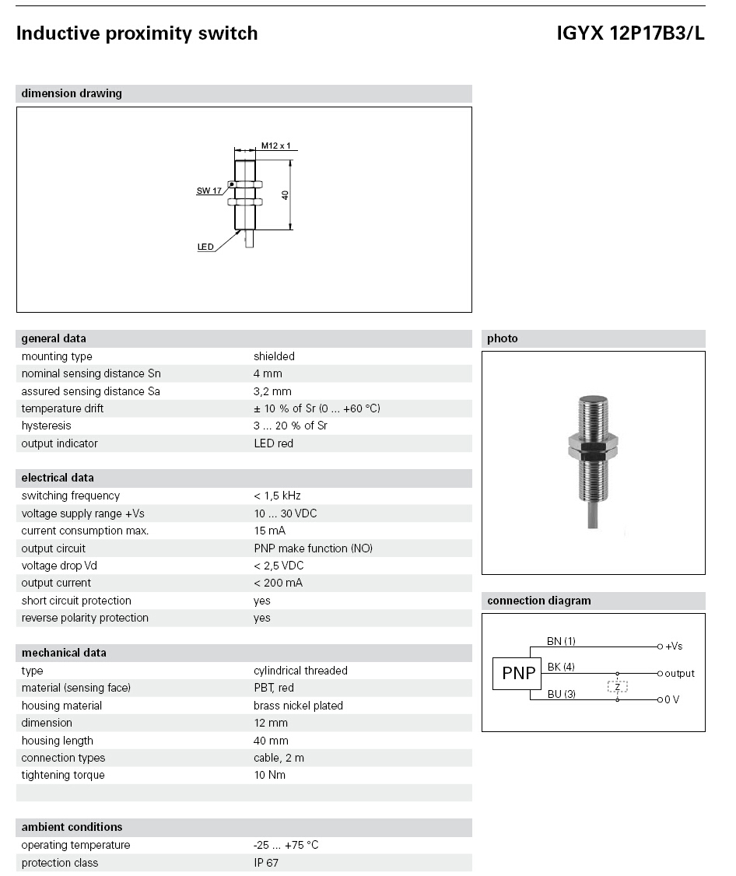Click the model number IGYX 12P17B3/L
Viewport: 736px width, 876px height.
(x=630, y=33)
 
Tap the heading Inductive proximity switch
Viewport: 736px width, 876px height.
(x=137, y=33)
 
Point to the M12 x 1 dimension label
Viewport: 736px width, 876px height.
(x=275, y=145)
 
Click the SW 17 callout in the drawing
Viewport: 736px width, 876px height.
(x=209, y=191)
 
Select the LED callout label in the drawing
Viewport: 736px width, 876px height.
(x=205, y=247)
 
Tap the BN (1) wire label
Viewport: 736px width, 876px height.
(x=561, y=642)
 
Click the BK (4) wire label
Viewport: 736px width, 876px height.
(x=561, y=667)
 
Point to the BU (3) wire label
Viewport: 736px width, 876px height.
(x=561, y=693)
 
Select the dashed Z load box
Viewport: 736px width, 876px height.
(x=618, y=686)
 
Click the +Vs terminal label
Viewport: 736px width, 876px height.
(x=673, y=646)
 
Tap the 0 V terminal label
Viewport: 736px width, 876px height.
(x=671, y=699)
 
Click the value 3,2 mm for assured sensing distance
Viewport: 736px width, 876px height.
(x=272, y=391)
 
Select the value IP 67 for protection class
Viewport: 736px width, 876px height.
(x=266, y=863)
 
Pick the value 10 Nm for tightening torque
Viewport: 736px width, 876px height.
(x=269, y=775)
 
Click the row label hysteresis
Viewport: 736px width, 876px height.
(x=46, y=426)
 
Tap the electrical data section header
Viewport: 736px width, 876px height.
(x=58, y=478)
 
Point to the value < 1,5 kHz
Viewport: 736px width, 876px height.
(x=277, y=496)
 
